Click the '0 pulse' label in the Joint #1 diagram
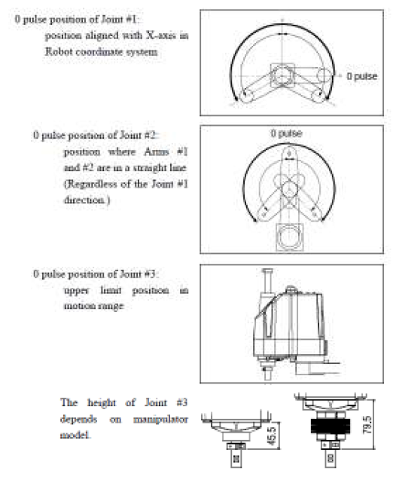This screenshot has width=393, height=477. (x=361, y=76)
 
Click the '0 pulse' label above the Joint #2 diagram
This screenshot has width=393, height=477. (x=286, y=133)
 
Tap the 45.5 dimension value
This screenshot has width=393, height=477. (x=273, y=436)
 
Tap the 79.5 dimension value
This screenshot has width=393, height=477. (x=367, y=425)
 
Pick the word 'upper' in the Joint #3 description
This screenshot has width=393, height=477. (x=76, y=291)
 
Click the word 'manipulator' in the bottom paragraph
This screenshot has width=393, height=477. (x=160, y=420)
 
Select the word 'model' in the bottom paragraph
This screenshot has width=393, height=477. (x=75, y=435)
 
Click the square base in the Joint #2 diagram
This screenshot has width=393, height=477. (x=289, y=237)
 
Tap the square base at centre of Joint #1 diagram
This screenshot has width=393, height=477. (x=282, y=75)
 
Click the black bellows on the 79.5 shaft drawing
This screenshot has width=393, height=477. (x=331, y=426)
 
